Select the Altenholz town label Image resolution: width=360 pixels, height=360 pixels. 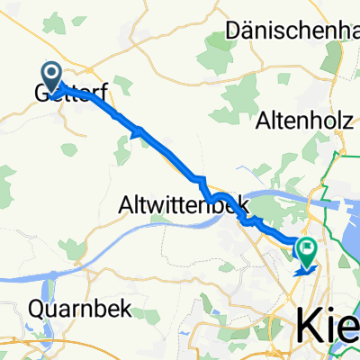tap(306, 119)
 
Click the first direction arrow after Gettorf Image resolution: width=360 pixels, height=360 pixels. tap(139, 133)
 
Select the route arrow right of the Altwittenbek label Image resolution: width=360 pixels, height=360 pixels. tap(257, 220)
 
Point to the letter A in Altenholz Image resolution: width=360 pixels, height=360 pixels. tap(264, 119)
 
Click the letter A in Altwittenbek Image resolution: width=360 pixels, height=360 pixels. tap(126, 206)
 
